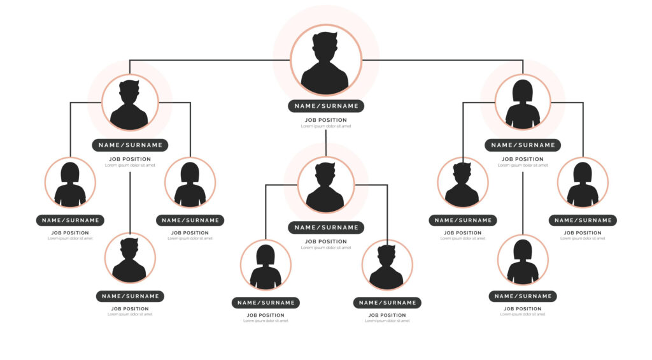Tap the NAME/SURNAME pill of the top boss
click(x=326, y=106)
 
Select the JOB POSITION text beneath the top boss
click(x=326, y=120)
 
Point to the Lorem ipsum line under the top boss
click(x=326, y=126)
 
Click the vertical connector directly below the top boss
click(x=326, y=142)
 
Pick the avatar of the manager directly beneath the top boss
click(x=325, y=185)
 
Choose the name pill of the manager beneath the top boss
click(x=326, y=227)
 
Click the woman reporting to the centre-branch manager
click(x=266, y=264)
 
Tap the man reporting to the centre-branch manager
click(x=386, y=264)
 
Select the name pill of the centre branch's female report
click(x=266, y=303)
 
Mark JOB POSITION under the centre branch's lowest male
click(x=387, y=315)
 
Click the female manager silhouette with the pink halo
click(x=523, y=102)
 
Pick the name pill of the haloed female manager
click(x=523, y=145)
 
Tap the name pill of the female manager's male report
click(x=462, y=220)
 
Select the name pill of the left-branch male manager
click(x=130, y=145)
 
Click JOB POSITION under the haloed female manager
click(x=523, y=159)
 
